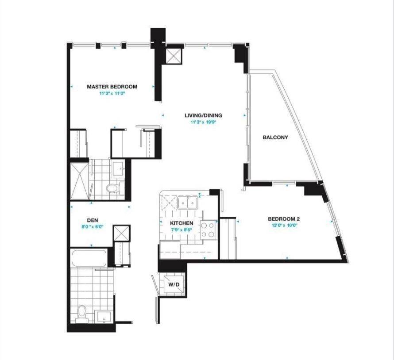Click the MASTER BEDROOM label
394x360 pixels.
112,87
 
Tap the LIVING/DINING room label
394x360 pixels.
203,115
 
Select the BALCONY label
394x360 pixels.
275,137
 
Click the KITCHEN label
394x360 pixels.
182,223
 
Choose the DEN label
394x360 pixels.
93,220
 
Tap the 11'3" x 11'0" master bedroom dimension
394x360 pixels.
112,93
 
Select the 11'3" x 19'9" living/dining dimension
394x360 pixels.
203,122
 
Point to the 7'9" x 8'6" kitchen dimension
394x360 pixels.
182,230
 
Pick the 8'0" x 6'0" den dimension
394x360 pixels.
93,226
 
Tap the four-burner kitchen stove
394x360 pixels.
208,230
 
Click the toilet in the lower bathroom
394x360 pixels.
81,313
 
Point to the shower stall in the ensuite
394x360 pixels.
79,180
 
